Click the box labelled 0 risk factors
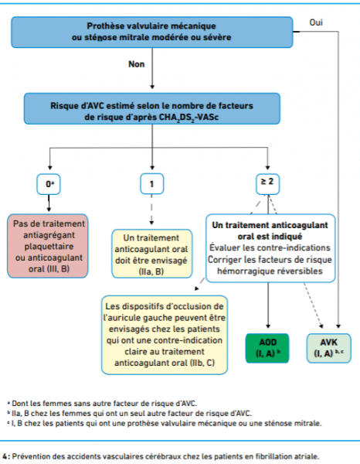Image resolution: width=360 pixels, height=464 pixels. pyautogui.click(x=49, y=184)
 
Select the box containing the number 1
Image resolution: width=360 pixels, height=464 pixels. pyautogui.click(x=151, y=184)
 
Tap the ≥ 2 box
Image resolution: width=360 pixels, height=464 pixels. pyautogui.click(x=267, y=184)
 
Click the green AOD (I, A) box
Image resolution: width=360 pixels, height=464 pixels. pyautogui.click(x=267, y=348)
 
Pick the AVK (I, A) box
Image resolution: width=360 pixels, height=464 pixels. pyautogui.click(x=328, y=348)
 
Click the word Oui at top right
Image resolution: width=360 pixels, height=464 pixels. pyautogui.click(x=316, y=22)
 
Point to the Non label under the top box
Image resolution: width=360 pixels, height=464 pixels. pyautogui.click(x=136, y=64)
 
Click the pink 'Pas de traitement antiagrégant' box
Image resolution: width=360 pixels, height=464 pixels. pyautogui.click(x=48, y=246)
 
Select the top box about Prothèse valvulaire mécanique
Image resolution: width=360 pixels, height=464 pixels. pyautogui.click(x=152, y=32)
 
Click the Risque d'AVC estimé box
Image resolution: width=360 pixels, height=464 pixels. pyautogui.click(x=152, y=108)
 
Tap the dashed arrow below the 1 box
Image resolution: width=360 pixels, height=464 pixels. pyautogui.click(x=151, y=210)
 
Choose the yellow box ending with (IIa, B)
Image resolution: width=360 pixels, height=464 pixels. pyautogui.click(x=151, y=254)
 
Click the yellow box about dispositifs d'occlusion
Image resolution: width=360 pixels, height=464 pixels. pyautogui.click(x=165, y=335)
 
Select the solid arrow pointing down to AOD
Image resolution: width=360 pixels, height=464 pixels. pyautogui.click(x=268, y=305)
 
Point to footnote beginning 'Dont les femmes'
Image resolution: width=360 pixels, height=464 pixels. pyautogui.click(x=102, y=404)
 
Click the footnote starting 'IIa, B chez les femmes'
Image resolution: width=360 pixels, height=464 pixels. pyautogui.click(x=130, y=414)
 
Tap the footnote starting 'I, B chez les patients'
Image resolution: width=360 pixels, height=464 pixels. pyautogui.click(x=165, y=424)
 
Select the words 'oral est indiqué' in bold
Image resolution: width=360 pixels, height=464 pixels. pyautogui.click(x=270, y=237)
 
